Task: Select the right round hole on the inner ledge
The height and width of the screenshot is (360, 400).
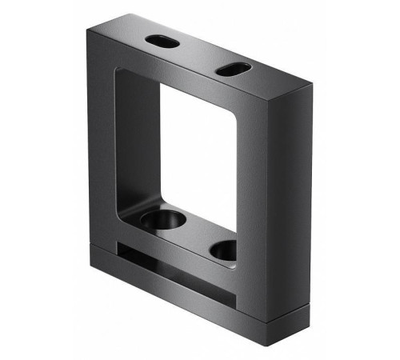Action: point(225,250)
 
